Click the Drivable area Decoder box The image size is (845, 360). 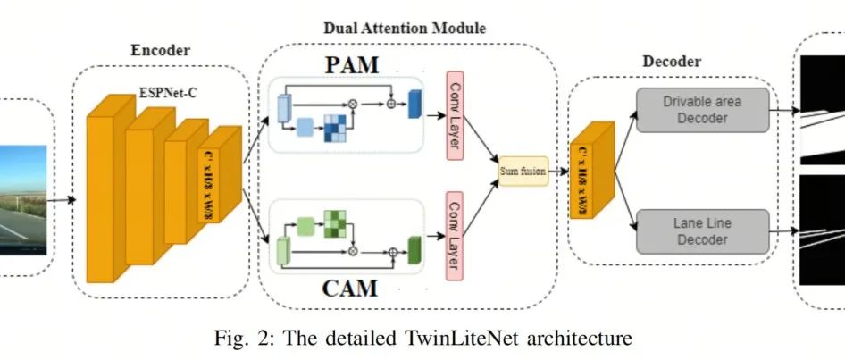(701, 110)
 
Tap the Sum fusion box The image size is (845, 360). (523, 170)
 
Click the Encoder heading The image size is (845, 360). (161, 52)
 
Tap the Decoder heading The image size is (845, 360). (672, 62)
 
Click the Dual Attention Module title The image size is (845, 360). (404, 28)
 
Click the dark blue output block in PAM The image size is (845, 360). (414, 105)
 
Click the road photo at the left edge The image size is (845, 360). (23, 200)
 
